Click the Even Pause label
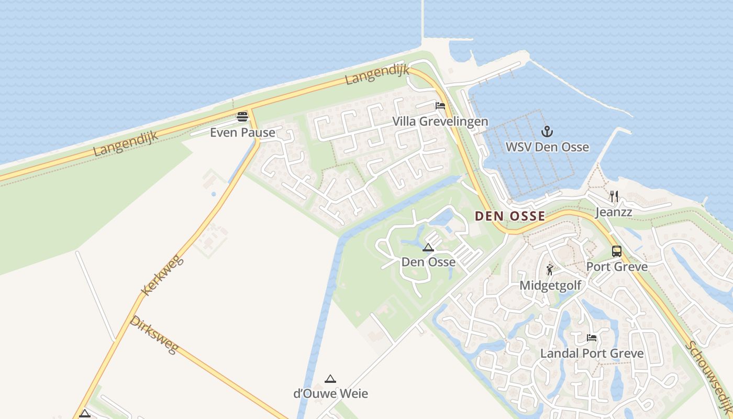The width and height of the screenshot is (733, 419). [x=242, y=133]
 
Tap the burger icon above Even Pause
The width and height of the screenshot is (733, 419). [x=242, y=116]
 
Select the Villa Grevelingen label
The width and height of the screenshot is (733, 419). [x=440, y=122]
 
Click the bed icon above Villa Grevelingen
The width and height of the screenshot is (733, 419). [x=440, y=106]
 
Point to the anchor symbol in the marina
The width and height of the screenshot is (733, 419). [x=547, y=131]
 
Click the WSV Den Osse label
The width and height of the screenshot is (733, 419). [x=547, y=147]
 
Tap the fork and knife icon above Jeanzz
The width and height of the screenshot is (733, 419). [x=614, y=196]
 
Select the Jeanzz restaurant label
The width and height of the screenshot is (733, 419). [x=614, y=212]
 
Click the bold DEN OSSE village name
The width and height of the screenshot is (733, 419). [x=510, y=216]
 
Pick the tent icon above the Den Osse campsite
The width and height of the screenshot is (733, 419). [x=428, y=247]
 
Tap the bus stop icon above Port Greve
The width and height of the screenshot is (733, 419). [x=617, y=251]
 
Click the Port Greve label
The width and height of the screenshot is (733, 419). [x=617, y=267]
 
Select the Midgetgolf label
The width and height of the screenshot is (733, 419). [x=550, y=285]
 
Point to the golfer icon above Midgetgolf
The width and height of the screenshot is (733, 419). [x=550, y=270]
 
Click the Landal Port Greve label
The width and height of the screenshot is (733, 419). [x=592, y=354]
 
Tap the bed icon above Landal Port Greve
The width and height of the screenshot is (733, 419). [x=592, y=338]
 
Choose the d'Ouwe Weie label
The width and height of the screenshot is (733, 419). [x=330, y=393]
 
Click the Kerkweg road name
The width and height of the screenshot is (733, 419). [x=163, y=275]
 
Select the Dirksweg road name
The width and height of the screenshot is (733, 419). [x=154, y=334]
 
